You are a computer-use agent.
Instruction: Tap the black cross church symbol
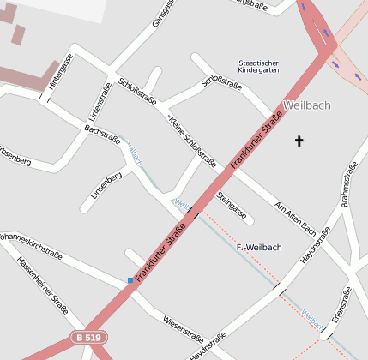(299, 141)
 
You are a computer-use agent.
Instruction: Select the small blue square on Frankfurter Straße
(130, 280)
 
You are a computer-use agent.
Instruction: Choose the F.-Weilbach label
(258, 247)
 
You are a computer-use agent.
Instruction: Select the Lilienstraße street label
(95, 102)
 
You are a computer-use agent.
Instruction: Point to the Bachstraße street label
(101, 136)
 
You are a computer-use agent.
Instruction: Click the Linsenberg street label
(107, 186)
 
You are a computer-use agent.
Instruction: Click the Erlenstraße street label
(337, 306)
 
